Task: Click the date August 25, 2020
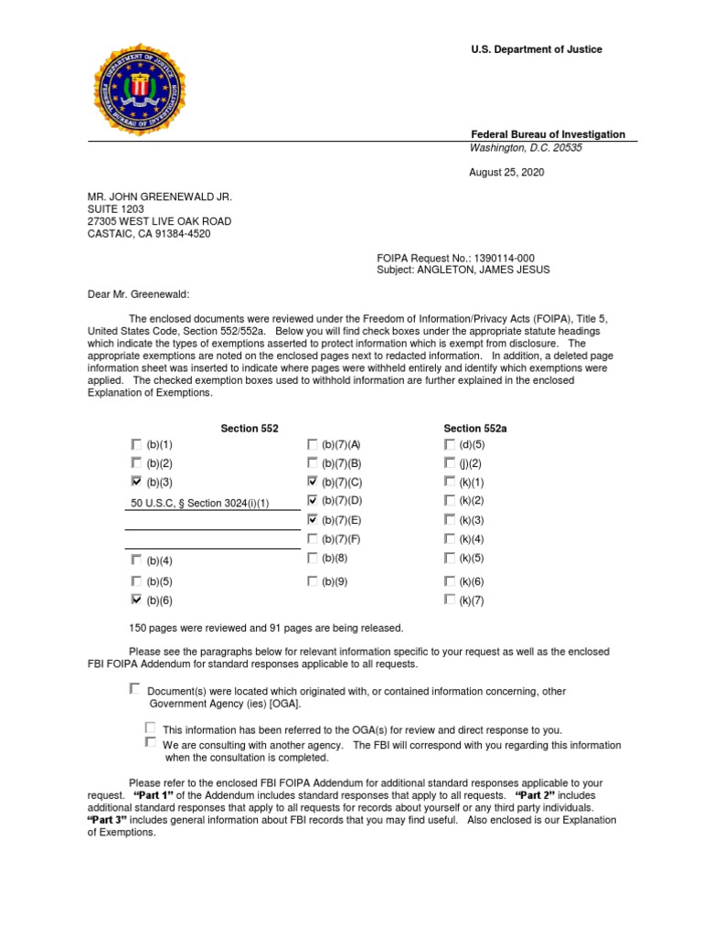(505, 172)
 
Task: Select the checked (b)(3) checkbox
(136, 481)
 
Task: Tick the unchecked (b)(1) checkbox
(136, 443)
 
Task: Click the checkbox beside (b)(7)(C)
(313, 481)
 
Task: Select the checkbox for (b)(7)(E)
(313, 519)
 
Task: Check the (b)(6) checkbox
(136, 600)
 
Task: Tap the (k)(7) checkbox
(449, 600)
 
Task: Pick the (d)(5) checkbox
(449, 443)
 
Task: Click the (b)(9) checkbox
(313, 580)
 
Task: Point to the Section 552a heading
(474, 428)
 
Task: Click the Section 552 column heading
(250, 428)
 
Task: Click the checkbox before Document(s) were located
(135, 688)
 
